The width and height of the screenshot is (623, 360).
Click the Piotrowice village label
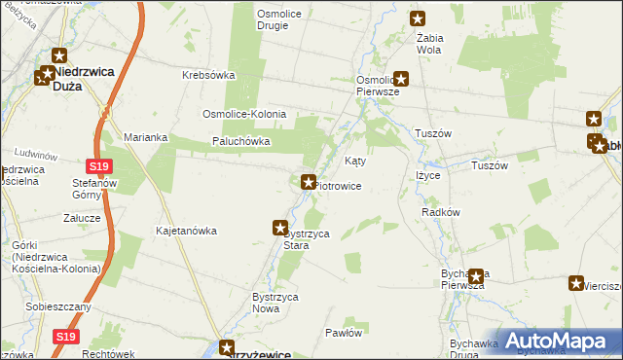(x=339, y=185)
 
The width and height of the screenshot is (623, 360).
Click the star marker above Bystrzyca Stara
(x=279, y=227)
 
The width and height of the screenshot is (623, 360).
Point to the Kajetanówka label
(x=186, y=231)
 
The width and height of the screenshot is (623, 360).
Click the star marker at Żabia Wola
(x=419, y=18)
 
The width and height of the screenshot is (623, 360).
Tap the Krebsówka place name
(x=210, y=75)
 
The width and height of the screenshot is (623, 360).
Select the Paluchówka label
(x=240, y=141)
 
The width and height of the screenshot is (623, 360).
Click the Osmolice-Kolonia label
(x=243, y=114)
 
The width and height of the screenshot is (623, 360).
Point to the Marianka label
(x=146, y=137)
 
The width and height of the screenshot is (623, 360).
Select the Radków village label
(x=440, y=211)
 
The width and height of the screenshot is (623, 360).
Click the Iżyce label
(x=428, y=175)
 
